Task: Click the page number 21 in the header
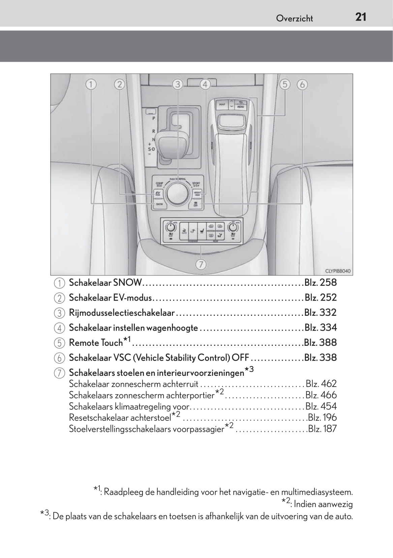click(361, 17)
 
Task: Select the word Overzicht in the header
click(294, 19)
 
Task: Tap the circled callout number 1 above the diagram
click(91, 84)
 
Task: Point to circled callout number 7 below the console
click(201, 265)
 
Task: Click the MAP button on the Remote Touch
click(222, 104)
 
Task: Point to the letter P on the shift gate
click(154, 118)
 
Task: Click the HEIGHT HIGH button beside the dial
click(197, 194)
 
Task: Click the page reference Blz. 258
click(320, 283)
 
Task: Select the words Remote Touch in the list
click(96, 343)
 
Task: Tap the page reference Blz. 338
click(320, 358)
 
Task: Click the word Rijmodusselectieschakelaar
click(122, 313)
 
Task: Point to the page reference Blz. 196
click(322, 418)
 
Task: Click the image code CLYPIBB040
click(338, 271)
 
